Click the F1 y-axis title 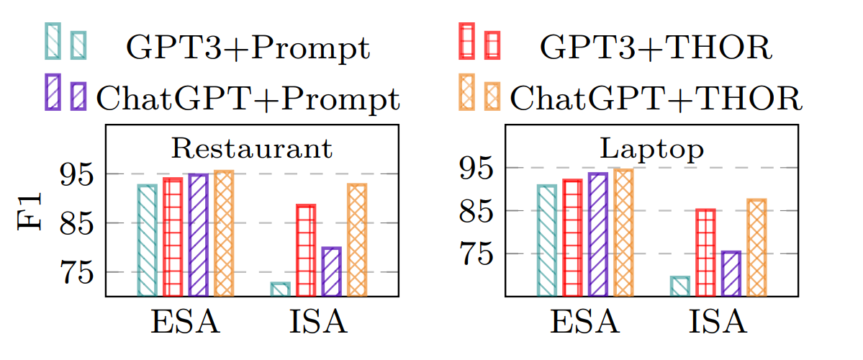point(30,210)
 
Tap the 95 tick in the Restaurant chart point(78,174)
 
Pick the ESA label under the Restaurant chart point(186,323)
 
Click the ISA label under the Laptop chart point(718,323)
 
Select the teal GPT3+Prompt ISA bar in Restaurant point(280,289)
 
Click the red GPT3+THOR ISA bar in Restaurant point(306,251)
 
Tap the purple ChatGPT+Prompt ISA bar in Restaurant point(331,271)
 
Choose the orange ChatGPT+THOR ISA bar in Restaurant point(357,240)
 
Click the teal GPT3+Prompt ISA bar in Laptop point(679,286)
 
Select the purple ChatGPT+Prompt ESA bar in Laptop point(598,235)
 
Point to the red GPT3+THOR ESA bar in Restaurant point(172,237)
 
